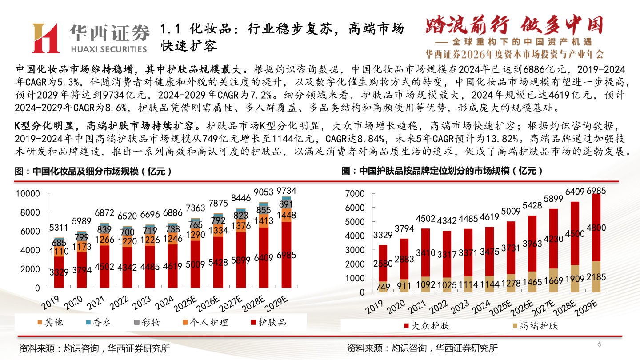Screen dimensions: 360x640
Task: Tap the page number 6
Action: click(599, 344)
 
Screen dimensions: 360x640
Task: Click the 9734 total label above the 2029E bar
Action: click(286, 191)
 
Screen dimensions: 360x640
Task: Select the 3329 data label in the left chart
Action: click(59, 272)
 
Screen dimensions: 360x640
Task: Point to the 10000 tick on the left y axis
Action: click(28, 194)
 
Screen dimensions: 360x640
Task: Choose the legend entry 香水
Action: click(98, 322)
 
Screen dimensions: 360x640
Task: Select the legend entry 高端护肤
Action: click(535, 326)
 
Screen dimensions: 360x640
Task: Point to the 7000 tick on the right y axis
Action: click(355, 194)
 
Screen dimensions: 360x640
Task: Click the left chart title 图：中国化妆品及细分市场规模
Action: click(93, 172)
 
